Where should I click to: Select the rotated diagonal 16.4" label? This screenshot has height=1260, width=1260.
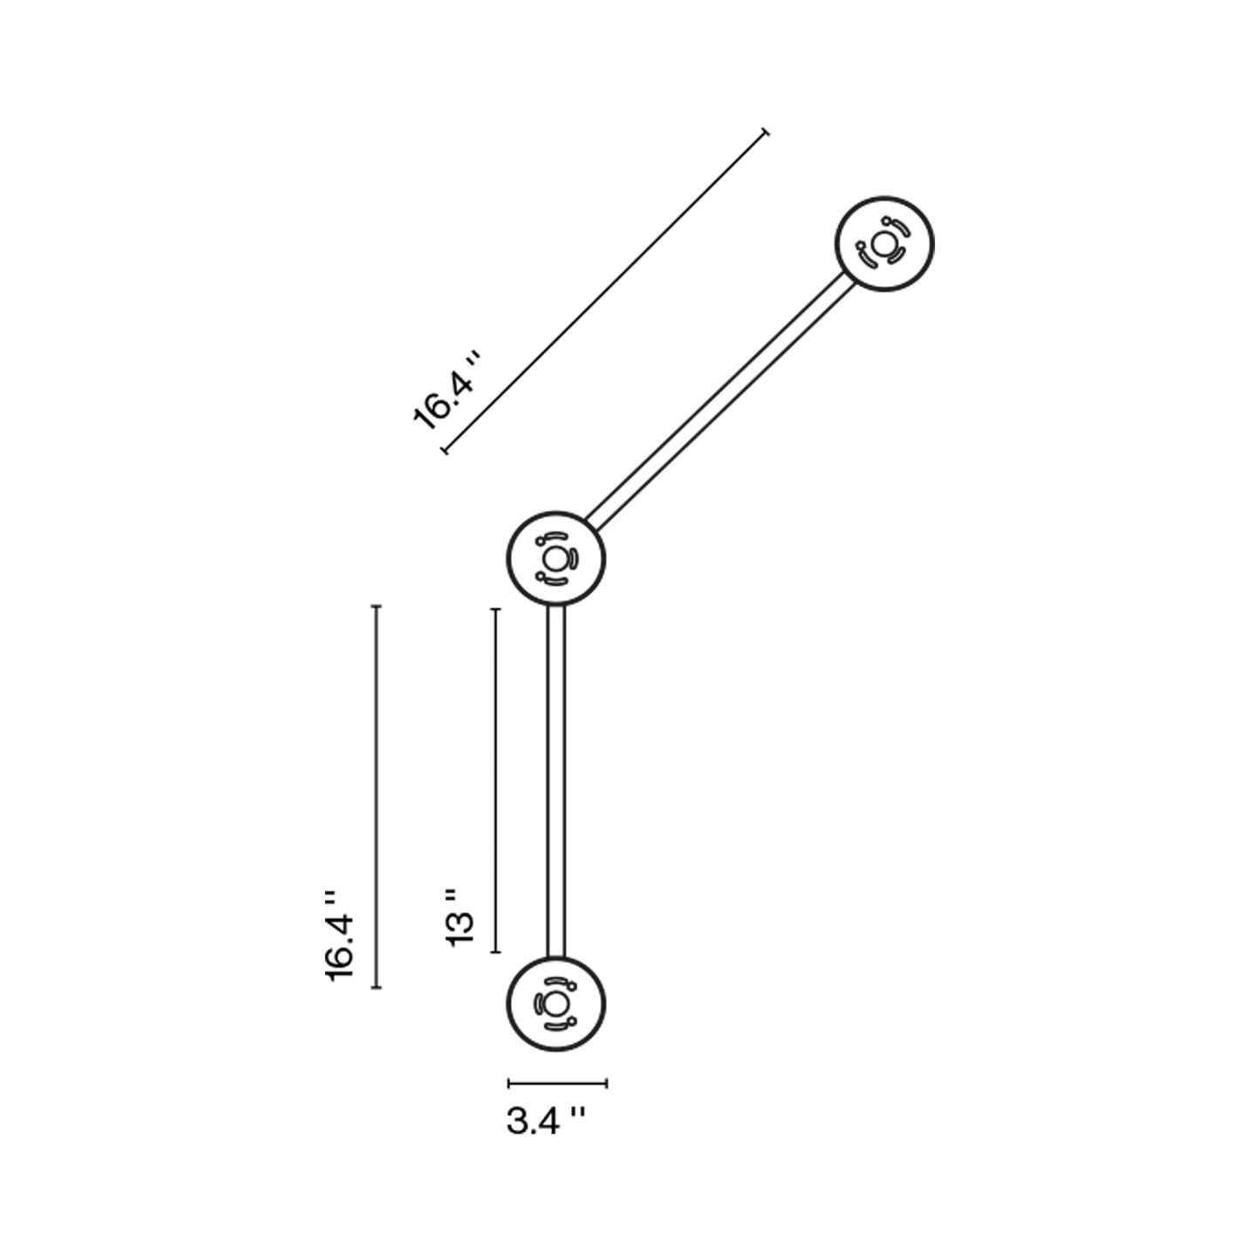click(x=446, y=392)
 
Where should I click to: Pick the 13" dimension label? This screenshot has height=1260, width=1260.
click(x=459, y=916)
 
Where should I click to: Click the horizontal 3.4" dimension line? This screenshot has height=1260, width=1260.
click(x=558, y=1084)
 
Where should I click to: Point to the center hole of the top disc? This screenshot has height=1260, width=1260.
click(x=884, y=244)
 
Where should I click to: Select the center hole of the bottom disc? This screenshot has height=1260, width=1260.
click(x=555, y=1004)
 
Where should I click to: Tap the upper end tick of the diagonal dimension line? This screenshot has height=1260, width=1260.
click(x=766, y=132)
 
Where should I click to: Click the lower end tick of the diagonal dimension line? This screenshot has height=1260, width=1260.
click(x=445, y=450)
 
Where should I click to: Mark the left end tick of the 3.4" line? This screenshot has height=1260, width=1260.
click(x=509, y=1084)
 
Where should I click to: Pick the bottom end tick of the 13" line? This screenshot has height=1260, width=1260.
click(x=495, y=952)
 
